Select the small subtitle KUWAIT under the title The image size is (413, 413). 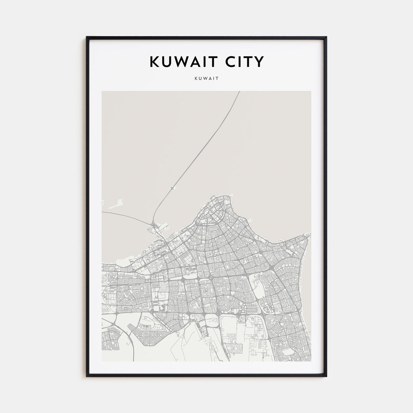206,79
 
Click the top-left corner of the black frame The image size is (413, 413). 87,37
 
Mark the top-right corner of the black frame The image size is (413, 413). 326,37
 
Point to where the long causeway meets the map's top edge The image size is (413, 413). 239,91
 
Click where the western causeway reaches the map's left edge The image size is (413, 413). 102,212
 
